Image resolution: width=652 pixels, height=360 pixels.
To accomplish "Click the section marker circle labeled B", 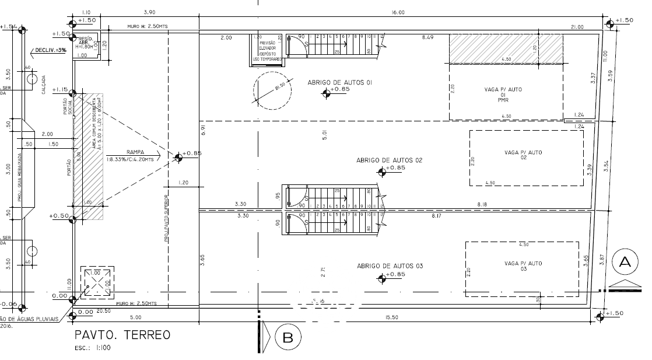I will click(x=288, y=337).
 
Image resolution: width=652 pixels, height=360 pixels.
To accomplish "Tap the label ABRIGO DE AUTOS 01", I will click(x=340, y=83).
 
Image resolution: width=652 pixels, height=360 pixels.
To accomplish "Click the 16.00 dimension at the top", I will click(x=398, y=12).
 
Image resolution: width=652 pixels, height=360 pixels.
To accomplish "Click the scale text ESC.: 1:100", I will click(x=93, y=348).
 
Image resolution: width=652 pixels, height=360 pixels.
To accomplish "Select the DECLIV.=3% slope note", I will click(x=51, y=51).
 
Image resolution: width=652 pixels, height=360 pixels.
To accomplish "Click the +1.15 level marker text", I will click(x=60, y=90).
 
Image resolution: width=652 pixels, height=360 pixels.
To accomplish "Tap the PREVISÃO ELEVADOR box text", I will click(x=267, y=48).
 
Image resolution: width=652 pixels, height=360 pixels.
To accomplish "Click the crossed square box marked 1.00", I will click(x=96, y=284).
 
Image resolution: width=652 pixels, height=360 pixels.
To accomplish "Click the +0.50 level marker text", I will click(x=60, y=216).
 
